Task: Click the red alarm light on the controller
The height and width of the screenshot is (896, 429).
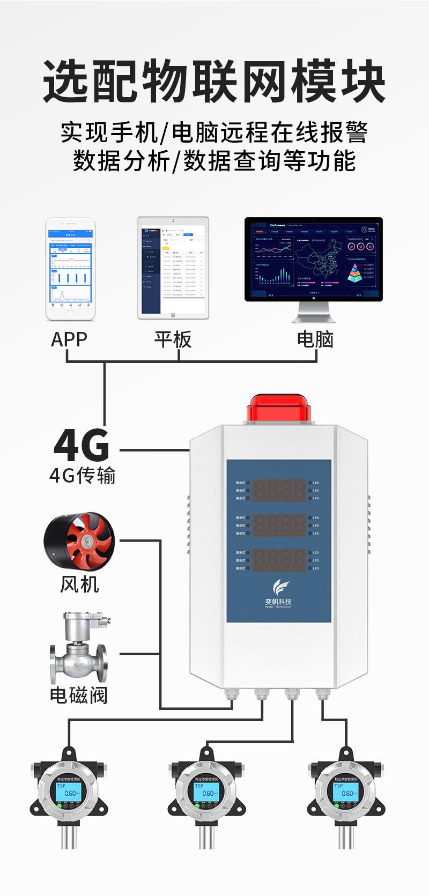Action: click(278, 409)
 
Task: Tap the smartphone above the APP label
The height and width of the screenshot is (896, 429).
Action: click(70, 269)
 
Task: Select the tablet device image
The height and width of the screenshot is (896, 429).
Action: click(173, 268)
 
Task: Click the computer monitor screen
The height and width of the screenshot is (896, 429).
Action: click(314, 259)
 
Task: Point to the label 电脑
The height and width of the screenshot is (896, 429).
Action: click(315, 339)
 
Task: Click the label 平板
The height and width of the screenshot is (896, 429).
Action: click(173, 339)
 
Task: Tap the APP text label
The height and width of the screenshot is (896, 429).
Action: click(69, 339)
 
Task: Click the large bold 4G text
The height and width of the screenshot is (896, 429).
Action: click(82, 446)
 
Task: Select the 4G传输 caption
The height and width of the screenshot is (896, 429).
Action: click(83, 476)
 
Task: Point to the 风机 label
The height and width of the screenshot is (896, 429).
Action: click(79, 584)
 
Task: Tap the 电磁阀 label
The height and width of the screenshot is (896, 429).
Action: click(79, 695)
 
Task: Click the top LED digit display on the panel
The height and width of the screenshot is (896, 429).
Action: click(278, 490)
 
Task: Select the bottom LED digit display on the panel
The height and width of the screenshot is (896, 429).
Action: click(278, 560)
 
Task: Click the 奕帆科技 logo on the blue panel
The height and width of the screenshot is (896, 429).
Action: click(278, 594)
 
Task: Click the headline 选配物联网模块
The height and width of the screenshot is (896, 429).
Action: click(214, 82)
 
